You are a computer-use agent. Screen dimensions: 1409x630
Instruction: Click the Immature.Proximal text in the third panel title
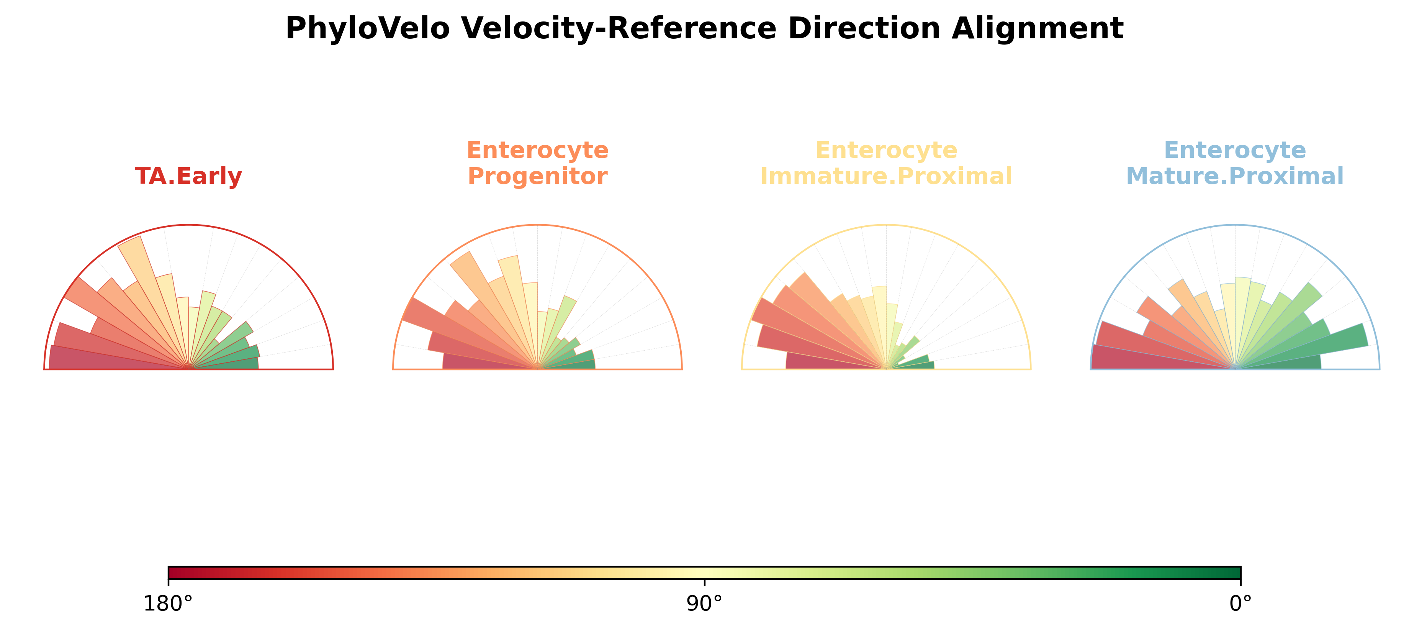[886, 176]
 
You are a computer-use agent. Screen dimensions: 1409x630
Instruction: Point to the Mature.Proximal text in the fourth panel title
[1235, 176]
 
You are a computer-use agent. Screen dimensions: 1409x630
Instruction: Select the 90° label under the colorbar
[705, 604]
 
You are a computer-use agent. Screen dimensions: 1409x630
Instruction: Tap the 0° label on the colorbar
[1240, 604]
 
